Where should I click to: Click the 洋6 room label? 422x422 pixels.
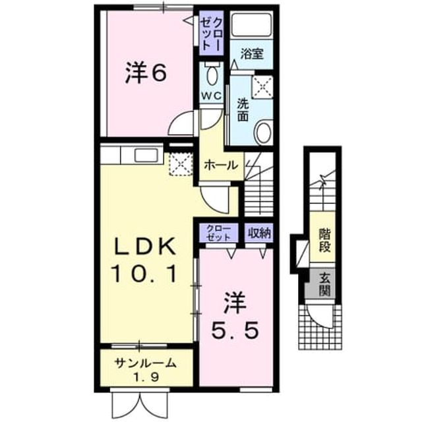(145, 73)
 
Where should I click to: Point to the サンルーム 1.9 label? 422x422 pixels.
(145, 370)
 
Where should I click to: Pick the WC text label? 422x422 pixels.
(212, 95)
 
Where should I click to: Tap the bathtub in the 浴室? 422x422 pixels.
(252, 24)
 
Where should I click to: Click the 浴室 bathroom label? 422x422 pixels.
(252, 54)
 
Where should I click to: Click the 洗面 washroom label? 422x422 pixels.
(243, 110)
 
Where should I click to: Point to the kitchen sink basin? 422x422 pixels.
(146, 156)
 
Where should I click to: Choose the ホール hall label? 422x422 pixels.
(221, 165)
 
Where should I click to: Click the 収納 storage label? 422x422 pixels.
(259, 233)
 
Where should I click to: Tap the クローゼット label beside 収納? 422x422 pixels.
(218, 233)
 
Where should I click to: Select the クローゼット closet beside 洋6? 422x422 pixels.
(212, 34)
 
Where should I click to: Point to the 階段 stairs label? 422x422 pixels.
(324, 240)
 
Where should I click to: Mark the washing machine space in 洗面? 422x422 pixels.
(262, 86)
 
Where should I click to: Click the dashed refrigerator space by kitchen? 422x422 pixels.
(181, 164)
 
